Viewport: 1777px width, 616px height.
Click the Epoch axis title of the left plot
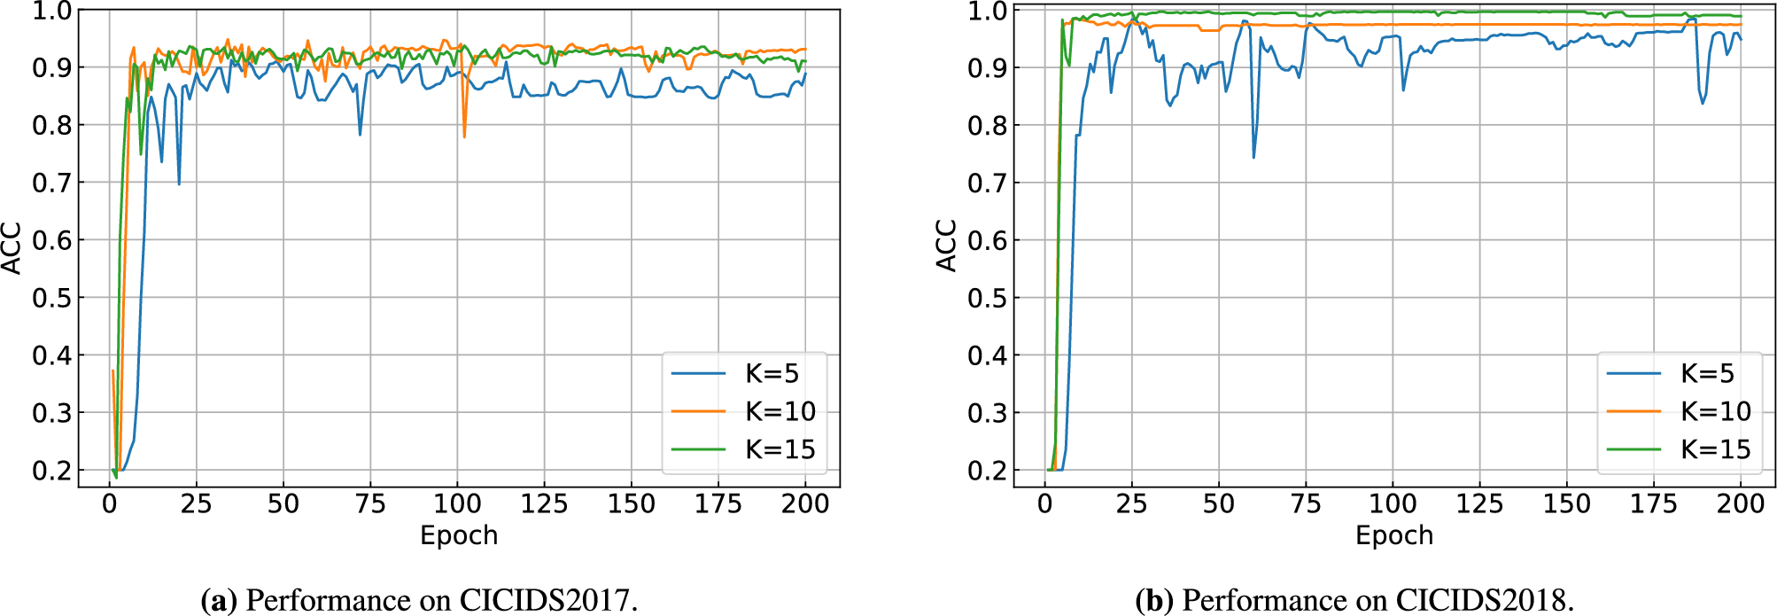coord(459,535)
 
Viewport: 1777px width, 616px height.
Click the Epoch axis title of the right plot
coord(1394,535)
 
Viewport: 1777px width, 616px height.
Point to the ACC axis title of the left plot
coord(12,248)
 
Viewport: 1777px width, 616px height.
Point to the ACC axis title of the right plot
coord(947,246)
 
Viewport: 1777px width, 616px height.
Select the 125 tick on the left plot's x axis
coord(544,504)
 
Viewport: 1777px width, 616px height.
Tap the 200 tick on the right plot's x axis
coord(1741,504)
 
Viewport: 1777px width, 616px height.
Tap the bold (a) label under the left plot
coord(220,600)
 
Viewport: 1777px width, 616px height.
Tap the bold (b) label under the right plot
coord(1154,600)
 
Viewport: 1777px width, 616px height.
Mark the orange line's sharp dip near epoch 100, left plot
coord(464,136)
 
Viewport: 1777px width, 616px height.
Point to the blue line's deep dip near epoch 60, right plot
coord(1253,157)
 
